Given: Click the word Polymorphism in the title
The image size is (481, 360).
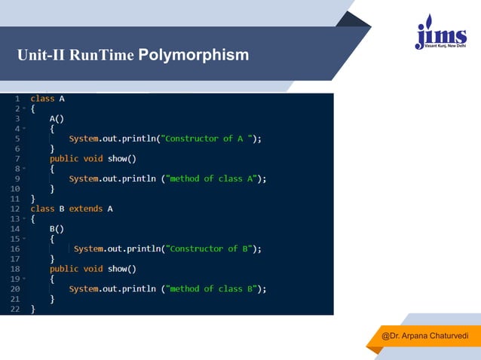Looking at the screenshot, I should tap(194, 55).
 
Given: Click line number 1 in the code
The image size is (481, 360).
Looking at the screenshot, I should tap(17, 99).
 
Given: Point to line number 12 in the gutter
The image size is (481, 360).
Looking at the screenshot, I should tap(15, 209).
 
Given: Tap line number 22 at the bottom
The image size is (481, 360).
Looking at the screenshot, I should tap(15, 309).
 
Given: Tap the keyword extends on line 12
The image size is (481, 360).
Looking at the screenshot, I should tap(86, 209).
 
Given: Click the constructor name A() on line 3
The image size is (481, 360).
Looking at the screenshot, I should tap(57, 119).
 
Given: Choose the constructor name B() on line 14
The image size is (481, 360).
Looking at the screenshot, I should tap(57, 228).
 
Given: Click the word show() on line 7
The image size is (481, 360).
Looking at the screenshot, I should tap(121, 158).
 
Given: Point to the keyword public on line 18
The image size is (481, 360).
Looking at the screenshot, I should tap(64, 269).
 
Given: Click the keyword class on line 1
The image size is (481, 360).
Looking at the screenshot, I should tap(42, 99).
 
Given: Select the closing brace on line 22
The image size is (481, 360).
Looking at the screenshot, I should tap(32, 309).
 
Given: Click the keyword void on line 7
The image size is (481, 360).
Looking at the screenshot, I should tap(93, 158).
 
